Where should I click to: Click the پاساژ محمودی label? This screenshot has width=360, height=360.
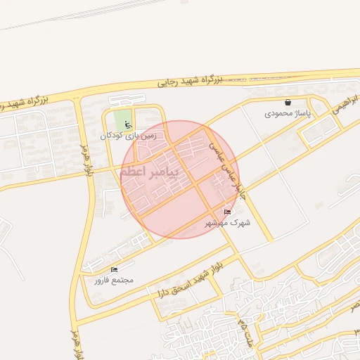288,112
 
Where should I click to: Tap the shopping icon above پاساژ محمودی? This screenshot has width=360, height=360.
288,102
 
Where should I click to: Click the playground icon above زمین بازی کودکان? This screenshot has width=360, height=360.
127,125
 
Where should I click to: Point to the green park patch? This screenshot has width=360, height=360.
122,118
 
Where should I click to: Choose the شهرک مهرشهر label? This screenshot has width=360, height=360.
227,222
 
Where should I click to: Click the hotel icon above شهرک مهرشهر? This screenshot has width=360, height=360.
227,212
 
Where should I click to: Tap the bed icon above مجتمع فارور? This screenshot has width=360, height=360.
114,269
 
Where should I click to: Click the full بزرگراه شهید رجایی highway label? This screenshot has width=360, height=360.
189,82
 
